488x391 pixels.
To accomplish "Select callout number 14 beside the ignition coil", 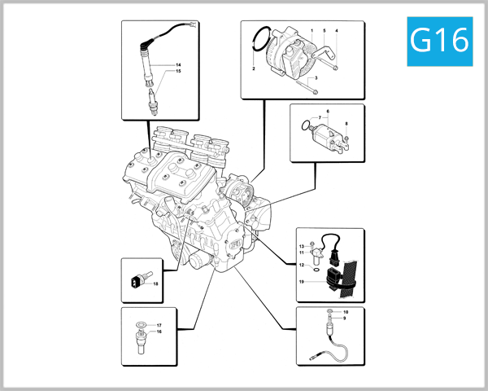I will [179, 64].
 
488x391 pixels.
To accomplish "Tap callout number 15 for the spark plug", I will [179, 72].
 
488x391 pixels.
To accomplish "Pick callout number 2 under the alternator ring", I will [255, 71].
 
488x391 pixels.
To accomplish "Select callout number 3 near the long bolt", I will [316, 78].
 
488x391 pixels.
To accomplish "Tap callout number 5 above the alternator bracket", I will [324, 31].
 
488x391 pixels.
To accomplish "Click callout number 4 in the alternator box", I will [337, 31].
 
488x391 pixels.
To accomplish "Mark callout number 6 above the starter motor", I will [327, 110].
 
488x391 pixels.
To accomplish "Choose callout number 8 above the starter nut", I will [346, 124].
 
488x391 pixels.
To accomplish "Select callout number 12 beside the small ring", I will [300, 265].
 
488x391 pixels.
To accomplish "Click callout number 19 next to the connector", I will [300, 283].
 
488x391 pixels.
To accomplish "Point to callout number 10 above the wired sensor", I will [345, 313].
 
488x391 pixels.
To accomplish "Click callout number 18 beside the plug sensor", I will [155, 283].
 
